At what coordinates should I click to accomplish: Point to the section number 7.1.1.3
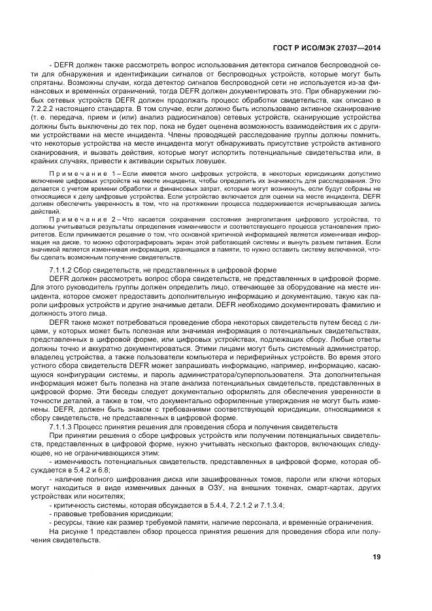(63, 426)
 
